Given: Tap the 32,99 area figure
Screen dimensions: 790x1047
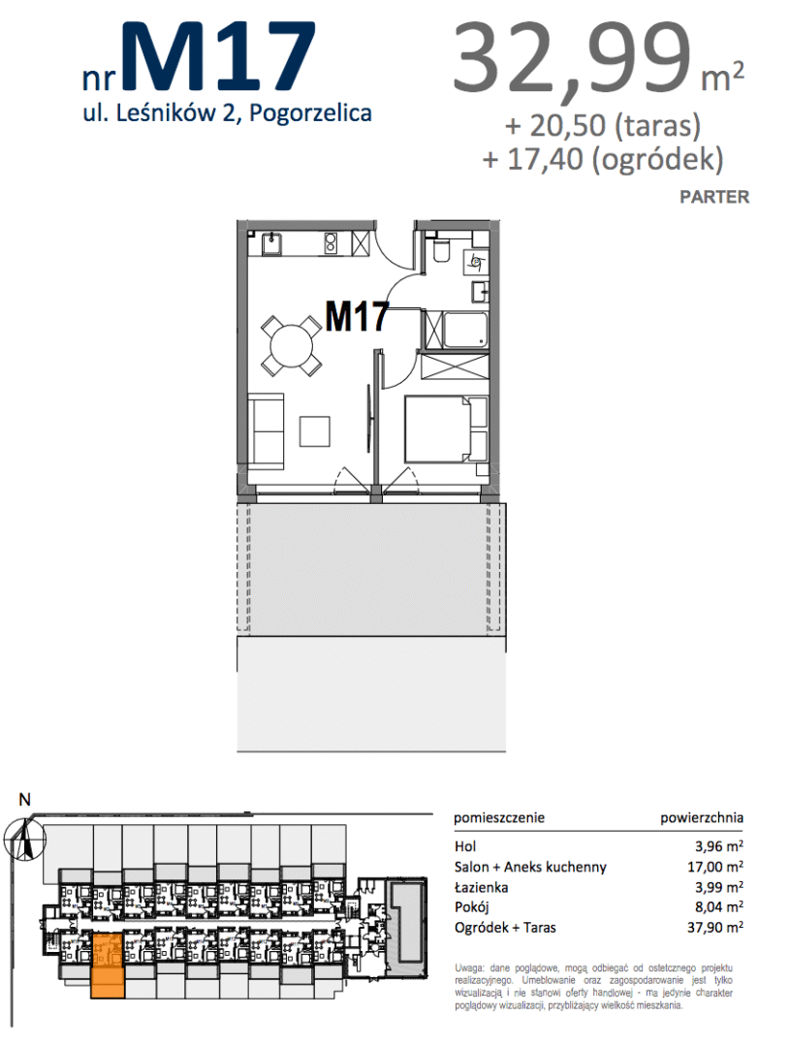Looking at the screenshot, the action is [572, 59].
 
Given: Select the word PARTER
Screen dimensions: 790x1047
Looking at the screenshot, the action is [714, 197].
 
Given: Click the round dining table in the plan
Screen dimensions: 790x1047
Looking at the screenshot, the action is [291, 345].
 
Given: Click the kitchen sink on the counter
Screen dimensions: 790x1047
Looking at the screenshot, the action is [271, 244].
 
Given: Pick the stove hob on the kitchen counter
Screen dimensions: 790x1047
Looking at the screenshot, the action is [331, 243].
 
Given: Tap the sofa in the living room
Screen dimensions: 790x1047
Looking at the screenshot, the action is [267, 430].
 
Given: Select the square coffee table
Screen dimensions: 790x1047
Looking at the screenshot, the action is [314, 430].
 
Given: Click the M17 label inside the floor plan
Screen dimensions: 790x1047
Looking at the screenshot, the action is [358, 316].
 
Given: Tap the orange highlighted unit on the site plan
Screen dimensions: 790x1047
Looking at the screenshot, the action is [107, 967].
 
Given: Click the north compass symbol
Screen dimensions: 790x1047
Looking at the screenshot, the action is [24, 839].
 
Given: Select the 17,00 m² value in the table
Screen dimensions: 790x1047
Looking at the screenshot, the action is [715, 867].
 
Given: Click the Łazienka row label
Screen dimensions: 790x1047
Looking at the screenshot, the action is [482, 887].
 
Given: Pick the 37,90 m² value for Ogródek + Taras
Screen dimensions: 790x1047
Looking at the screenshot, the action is [715, 928].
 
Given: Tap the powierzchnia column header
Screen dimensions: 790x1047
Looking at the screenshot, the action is [702, 818].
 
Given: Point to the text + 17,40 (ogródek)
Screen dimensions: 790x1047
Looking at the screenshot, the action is [603, 160].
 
